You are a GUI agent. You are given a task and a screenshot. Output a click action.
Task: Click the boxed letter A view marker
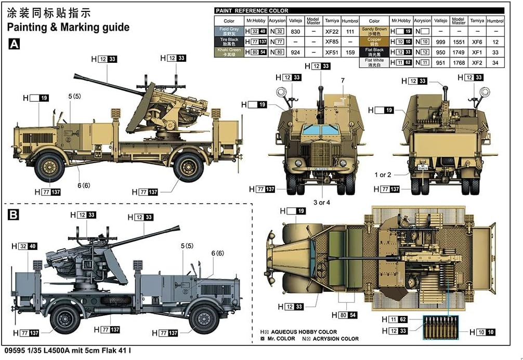tap(14, 45)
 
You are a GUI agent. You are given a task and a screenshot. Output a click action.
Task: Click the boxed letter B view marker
tap(14, 215)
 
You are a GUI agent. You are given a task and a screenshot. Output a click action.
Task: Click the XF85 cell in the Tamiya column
tap(331, 42)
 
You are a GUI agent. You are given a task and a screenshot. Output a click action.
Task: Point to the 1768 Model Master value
tap(458, 62)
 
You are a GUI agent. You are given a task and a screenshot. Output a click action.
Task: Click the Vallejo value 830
tap(296, 31)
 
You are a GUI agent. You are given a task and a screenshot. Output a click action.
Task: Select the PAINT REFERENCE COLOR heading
tap(252, 10)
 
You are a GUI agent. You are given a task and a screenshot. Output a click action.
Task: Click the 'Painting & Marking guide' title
tap(69, 26)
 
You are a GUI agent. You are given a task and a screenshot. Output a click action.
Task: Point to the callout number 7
tap(343, 80)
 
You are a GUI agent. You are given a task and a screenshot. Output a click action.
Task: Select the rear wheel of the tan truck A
tap(188, 167)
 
